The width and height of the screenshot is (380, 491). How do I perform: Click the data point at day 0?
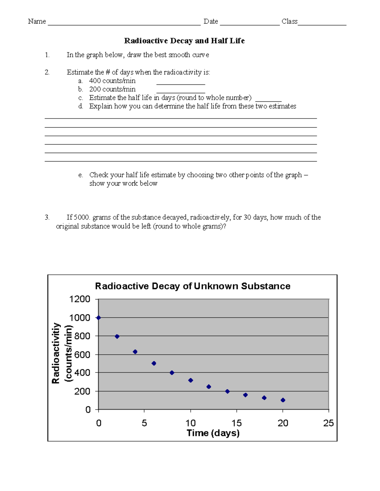tap(98, 318)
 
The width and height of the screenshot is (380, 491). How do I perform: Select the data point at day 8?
tap(172, 373)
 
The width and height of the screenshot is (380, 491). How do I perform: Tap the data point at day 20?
tap(283, 400)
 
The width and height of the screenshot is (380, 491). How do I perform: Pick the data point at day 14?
tap(227, 391)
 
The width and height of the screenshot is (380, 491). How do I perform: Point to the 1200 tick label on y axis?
tap(79, 299)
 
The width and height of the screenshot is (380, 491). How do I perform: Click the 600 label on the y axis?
tap(82, 355)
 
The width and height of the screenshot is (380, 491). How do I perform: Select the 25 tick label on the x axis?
tap(328, 423)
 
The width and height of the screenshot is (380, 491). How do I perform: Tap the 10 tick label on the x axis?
tap(190, 423)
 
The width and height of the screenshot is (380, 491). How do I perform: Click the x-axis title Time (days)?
tap(213, 433)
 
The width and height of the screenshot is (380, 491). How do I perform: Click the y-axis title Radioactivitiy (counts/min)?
tap(62, 353)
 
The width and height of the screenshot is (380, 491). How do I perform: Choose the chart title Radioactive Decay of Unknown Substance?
tap(193, 286)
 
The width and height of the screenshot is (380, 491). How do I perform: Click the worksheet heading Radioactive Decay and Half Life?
tap(184, 41)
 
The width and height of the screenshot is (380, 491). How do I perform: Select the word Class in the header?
tap(289, 21)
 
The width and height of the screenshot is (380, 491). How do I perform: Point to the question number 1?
tap(47, 55)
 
